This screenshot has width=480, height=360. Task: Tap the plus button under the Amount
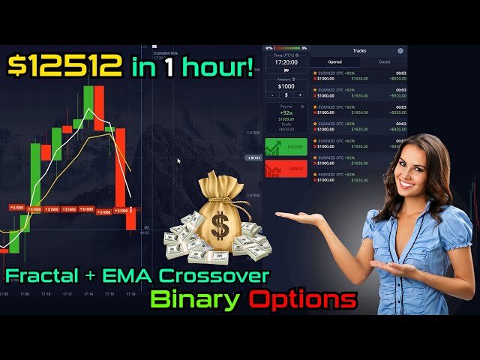point(299,95)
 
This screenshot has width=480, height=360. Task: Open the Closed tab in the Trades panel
point(384,62)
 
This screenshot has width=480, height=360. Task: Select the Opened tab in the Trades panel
point(334,62)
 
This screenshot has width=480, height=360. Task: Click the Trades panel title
point(358,51)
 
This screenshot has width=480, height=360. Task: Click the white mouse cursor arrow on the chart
point(178,160)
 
